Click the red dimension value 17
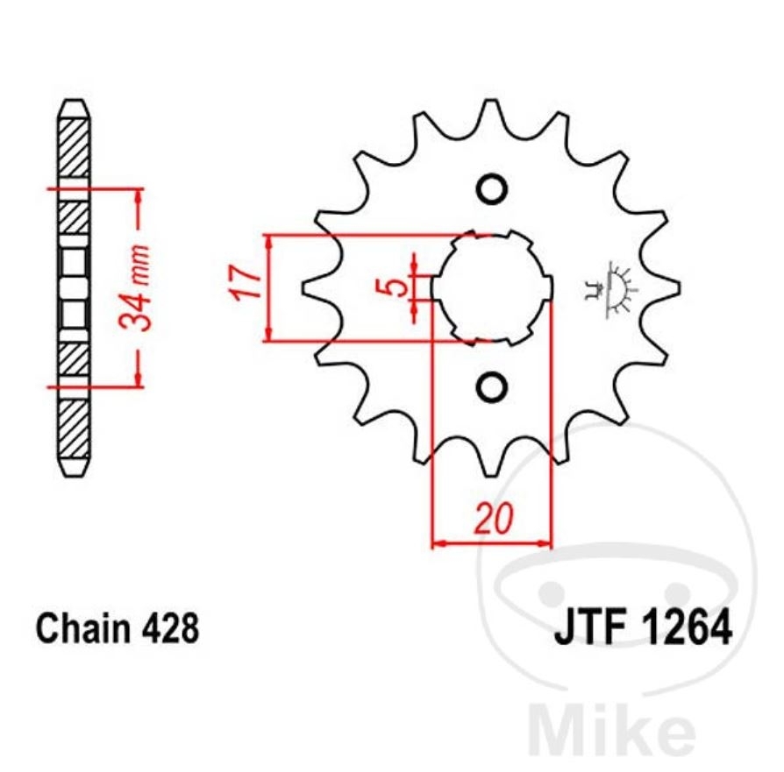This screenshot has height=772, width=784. tap(247, 283)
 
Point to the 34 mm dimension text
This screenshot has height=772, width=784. tap(135, 287)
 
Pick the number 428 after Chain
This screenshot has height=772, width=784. tap(170, 628)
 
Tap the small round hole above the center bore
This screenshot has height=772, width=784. tap(492, 189)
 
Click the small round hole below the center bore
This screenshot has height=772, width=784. tap(492, 386)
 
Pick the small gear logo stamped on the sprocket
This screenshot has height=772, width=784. tap(609, 289)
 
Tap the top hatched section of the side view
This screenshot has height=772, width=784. tap(75, 148)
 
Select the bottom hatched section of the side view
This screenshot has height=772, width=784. tap(75, 429)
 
